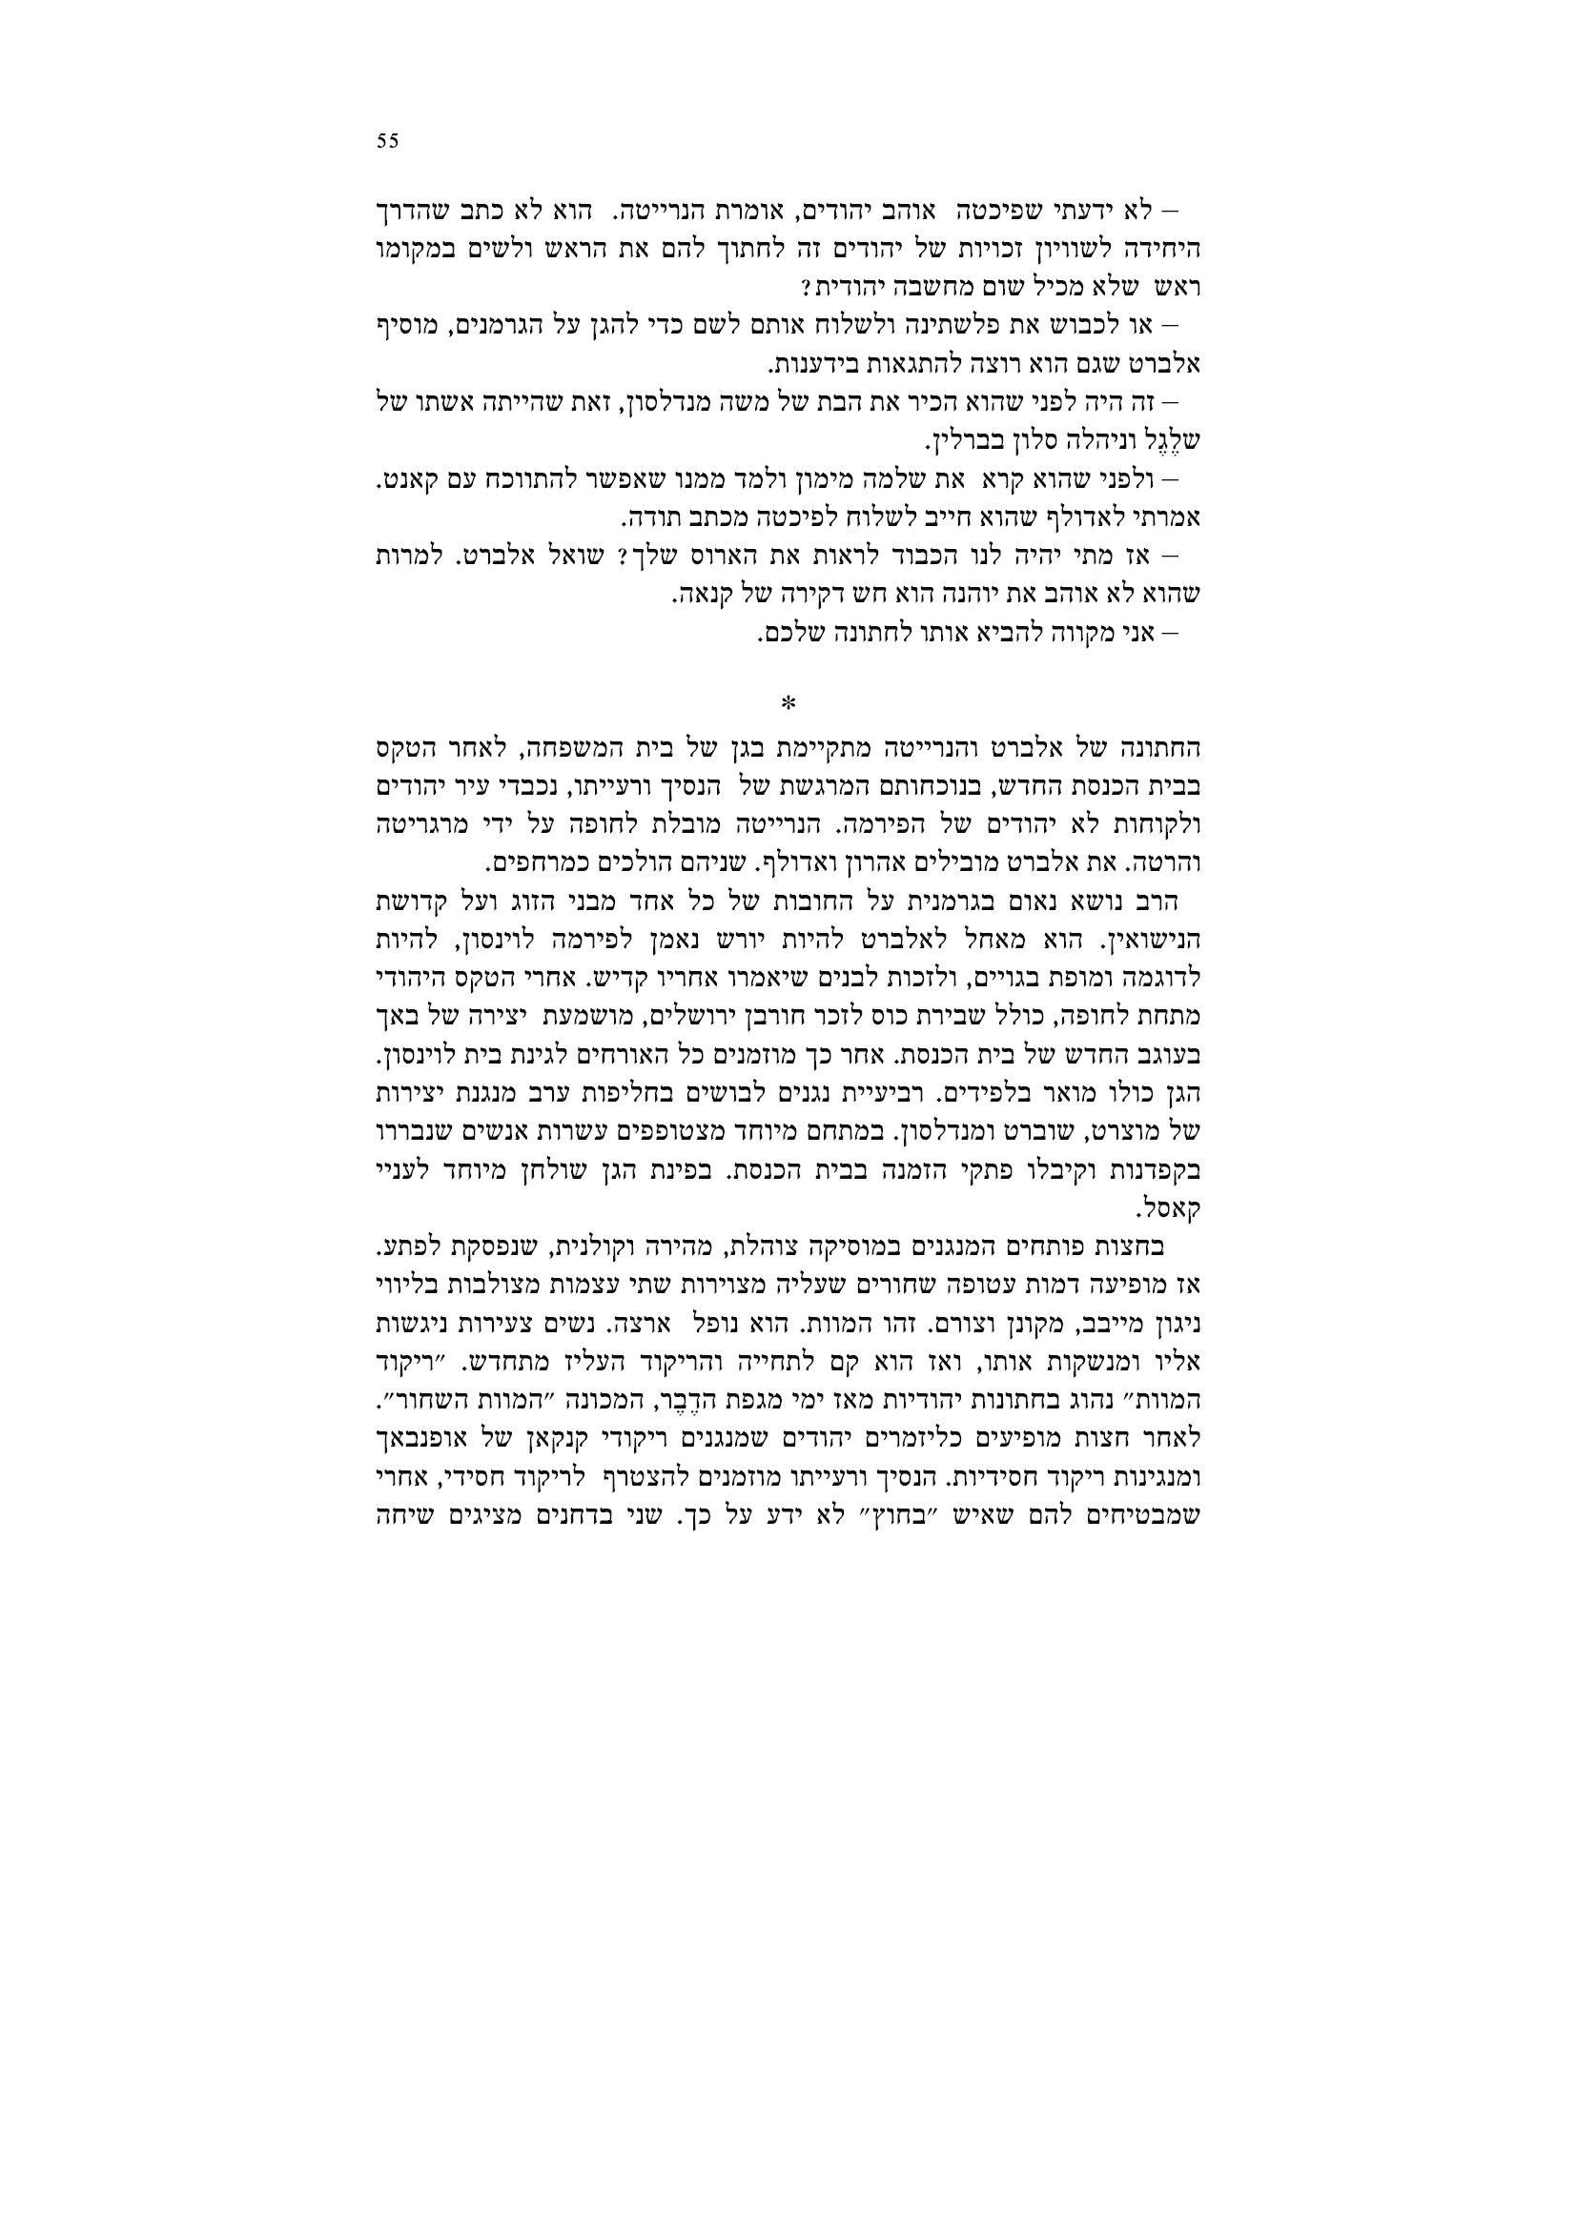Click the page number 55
(387, 141)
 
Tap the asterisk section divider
(788, 702)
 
